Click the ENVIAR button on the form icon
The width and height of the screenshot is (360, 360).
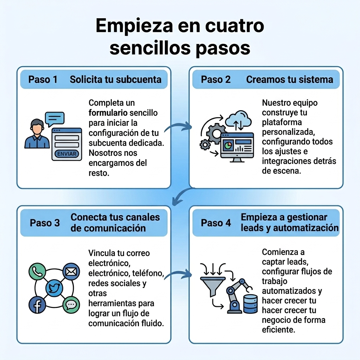(x=66, y=154)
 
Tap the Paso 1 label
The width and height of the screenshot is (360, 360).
(x=43, y=79)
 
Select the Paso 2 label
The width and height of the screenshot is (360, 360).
(x=216, y=79)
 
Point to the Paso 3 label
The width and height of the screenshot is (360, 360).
(x=45, y=223)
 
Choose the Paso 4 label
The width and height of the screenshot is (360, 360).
(x=216, y=223)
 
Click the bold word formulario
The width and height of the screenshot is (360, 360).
(x=108, y=113)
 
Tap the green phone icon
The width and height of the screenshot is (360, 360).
(x=37, y=271)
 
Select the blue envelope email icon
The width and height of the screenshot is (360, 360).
(x=71, y=271)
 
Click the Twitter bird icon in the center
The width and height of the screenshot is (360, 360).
(x=54, y=288)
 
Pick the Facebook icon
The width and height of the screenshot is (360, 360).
(x=37, y=305)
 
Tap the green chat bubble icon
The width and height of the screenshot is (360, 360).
(x=71, y=305)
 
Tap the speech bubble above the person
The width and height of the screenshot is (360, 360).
(x=54, y=118)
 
